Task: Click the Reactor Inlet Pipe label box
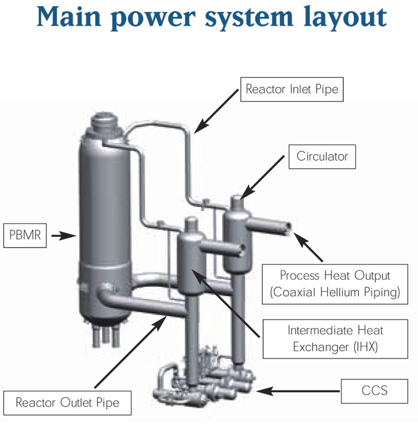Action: (x=292, y=89)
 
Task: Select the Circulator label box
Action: (x=322, y=156)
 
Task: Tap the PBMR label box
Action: (x=25, y=236)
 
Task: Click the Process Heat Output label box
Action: (x=335, y=283)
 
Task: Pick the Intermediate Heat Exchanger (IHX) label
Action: (x=335, y=338)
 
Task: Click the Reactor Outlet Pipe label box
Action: (x=67, y=403)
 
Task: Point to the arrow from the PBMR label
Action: (x=63, y=236)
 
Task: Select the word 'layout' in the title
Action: (x=345, y=19)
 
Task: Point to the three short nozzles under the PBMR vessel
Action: (x=105, y=335)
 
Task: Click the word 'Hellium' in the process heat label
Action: (x=333, y=293)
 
